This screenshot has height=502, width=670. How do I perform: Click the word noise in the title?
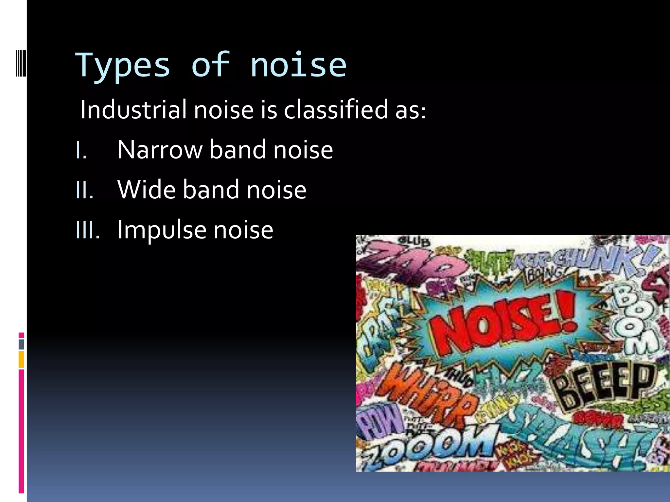[x=298, y=65]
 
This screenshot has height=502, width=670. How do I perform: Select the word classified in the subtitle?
[x=336, y=109]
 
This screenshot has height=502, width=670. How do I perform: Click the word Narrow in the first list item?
[x=160, y=150]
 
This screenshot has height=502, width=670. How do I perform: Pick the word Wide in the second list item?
[x=146, y=190]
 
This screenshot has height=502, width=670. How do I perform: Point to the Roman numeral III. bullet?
[x=87, y=230]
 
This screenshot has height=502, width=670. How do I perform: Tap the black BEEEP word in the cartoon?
[x=605, y=386]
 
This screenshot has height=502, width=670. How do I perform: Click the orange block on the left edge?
[x=21, y=360]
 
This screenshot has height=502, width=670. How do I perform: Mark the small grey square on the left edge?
[x=21, y=344]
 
